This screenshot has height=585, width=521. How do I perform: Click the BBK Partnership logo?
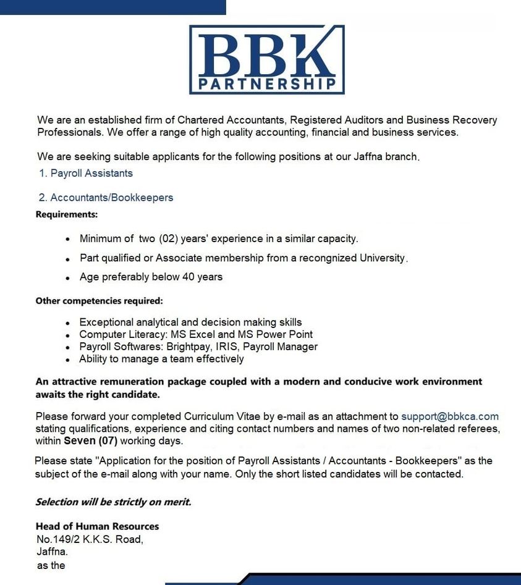(x=266, y=59)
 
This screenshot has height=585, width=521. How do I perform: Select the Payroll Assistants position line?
(x=91, y=173)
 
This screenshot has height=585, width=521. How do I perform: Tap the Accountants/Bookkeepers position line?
(x=111, y=198)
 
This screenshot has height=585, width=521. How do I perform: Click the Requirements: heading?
(x=67, y=215)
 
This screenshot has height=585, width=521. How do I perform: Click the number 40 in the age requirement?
(x=188, y=277)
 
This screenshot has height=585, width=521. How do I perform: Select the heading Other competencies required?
(x=99, y=301)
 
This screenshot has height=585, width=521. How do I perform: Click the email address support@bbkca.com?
(x=450, y=416)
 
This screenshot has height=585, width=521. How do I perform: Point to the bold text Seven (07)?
(x=90, y=441)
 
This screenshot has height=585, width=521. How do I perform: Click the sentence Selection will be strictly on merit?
(x=113, y=502)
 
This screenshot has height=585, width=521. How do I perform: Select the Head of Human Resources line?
(x=97, y=526)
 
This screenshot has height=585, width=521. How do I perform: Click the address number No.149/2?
(x=61, y=539)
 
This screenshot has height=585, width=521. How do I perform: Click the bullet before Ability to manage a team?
(x=67, y=359)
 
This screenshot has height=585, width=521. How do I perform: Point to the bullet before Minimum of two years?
(x=67, y=238)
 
